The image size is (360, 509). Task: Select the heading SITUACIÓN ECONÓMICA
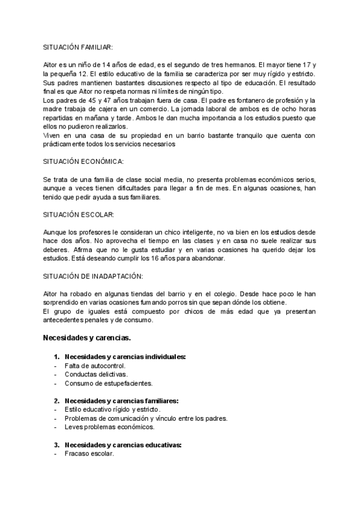(83, 162)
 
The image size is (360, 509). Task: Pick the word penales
(98, 320)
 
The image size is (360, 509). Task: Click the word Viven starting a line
(53, 136)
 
